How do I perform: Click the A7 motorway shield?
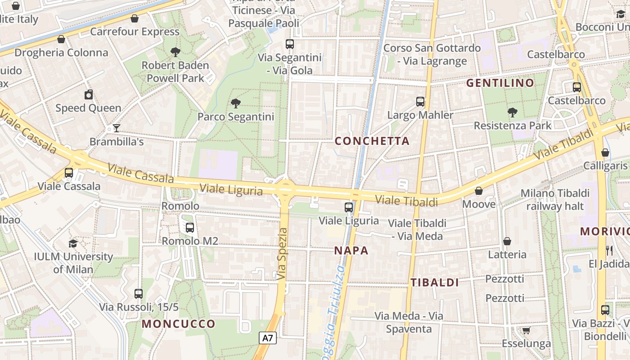pyautogui.click(x=268, y=338)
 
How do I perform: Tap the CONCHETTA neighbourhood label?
pyautogui.click(x=372, y=141)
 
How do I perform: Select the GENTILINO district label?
pyautogui.click(x=500, y=83)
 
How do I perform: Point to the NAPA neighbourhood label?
pyautogui.click(x=351, y=251)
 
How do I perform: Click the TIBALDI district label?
pyautogui.click(x=434, y=283)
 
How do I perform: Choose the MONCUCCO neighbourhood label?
pyautogui.click(x=179, y=324)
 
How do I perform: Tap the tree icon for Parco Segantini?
pyautogui.click(x=235, y=104)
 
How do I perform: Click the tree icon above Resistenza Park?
pyautogui.click(x=512, y=112)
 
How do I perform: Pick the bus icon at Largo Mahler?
pyautogui.click(x=420, y=102)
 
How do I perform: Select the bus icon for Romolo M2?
pyautogui.click(x=190, y=228)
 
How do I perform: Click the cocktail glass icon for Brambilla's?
pyautogui.click(x=116, y=128)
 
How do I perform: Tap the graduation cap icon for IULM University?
pyautogui.click(x=73, y=243)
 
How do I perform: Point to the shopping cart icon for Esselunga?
pyautogui.click(x=526, y=331)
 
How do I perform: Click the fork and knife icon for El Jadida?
pyautogui.click(x=609, y=251)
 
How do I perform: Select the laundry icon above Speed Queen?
pyautogui.click(x=89, y=94)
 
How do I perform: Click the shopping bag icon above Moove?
pyautogui.click(x=479, y=191)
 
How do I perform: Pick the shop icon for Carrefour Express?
pyautogui.click(x=134, y=18)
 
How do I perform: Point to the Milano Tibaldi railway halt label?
pyautogui.click(x=555, y=199)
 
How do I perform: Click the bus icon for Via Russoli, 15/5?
pyautogui.click(x=139, y=294)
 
